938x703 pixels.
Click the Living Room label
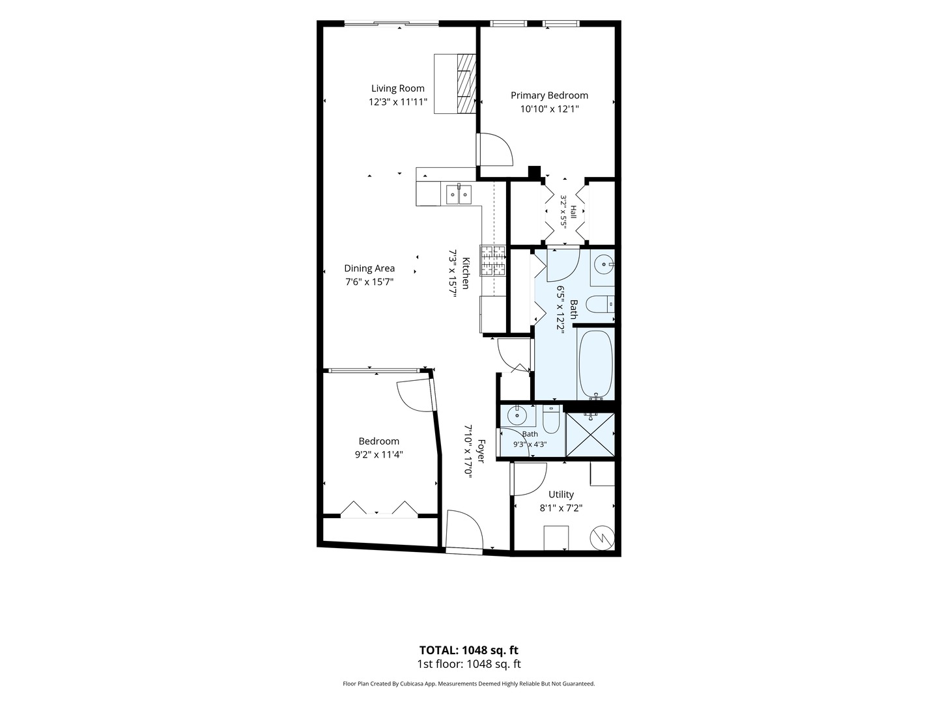click(397, 89)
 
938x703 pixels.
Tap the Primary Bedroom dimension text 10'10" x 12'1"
click(549, 109)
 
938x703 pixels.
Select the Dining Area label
click(369, 268)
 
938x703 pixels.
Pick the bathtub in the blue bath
click(596, 364)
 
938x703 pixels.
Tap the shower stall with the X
click(590, 435)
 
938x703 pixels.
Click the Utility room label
click(561, 494)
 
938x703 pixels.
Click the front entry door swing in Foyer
click(464, 531)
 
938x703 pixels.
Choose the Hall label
click(573, 212)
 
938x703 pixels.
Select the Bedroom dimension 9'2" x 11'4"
click(378, 454)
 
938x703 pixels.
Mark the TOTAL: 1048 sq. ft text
click(469, 650)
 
